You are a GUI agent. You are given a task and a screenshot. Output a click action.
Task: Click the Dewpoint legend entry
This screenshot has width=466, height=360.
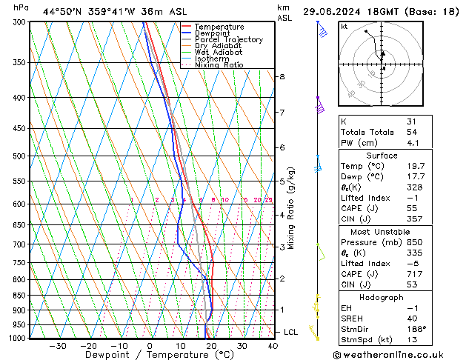coord(210,33)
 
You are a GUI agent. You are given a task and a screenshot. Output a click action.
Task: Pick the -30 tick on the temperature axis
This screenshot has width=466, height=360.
coord(57,346)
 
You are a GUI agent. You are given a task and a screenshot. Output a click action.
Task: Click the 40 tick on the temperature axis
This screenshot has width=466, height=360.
coord(273,346)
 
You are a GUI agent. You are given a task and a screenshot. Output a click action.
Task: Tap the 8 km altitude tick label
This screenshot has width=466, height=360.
coord(282,77)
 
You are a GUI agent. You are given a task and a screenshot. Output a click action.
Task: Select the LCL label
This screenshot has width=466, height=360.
coord(290,332)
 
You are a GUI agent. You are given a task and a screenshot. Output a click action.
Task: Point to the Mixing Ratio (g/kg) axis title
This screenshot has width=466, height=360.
coord(292,208)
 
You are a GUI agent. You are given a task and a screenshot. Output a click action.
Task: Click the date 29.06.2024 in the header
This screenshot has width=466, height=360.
coord(334,11)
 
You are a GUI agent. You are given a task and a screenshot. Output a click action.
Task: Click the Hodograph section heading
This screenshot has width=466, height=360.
coord(382,297)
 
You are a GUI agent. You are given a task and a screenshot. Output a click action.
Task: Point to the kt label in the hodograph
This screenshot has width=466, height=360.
coord(344,27)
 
